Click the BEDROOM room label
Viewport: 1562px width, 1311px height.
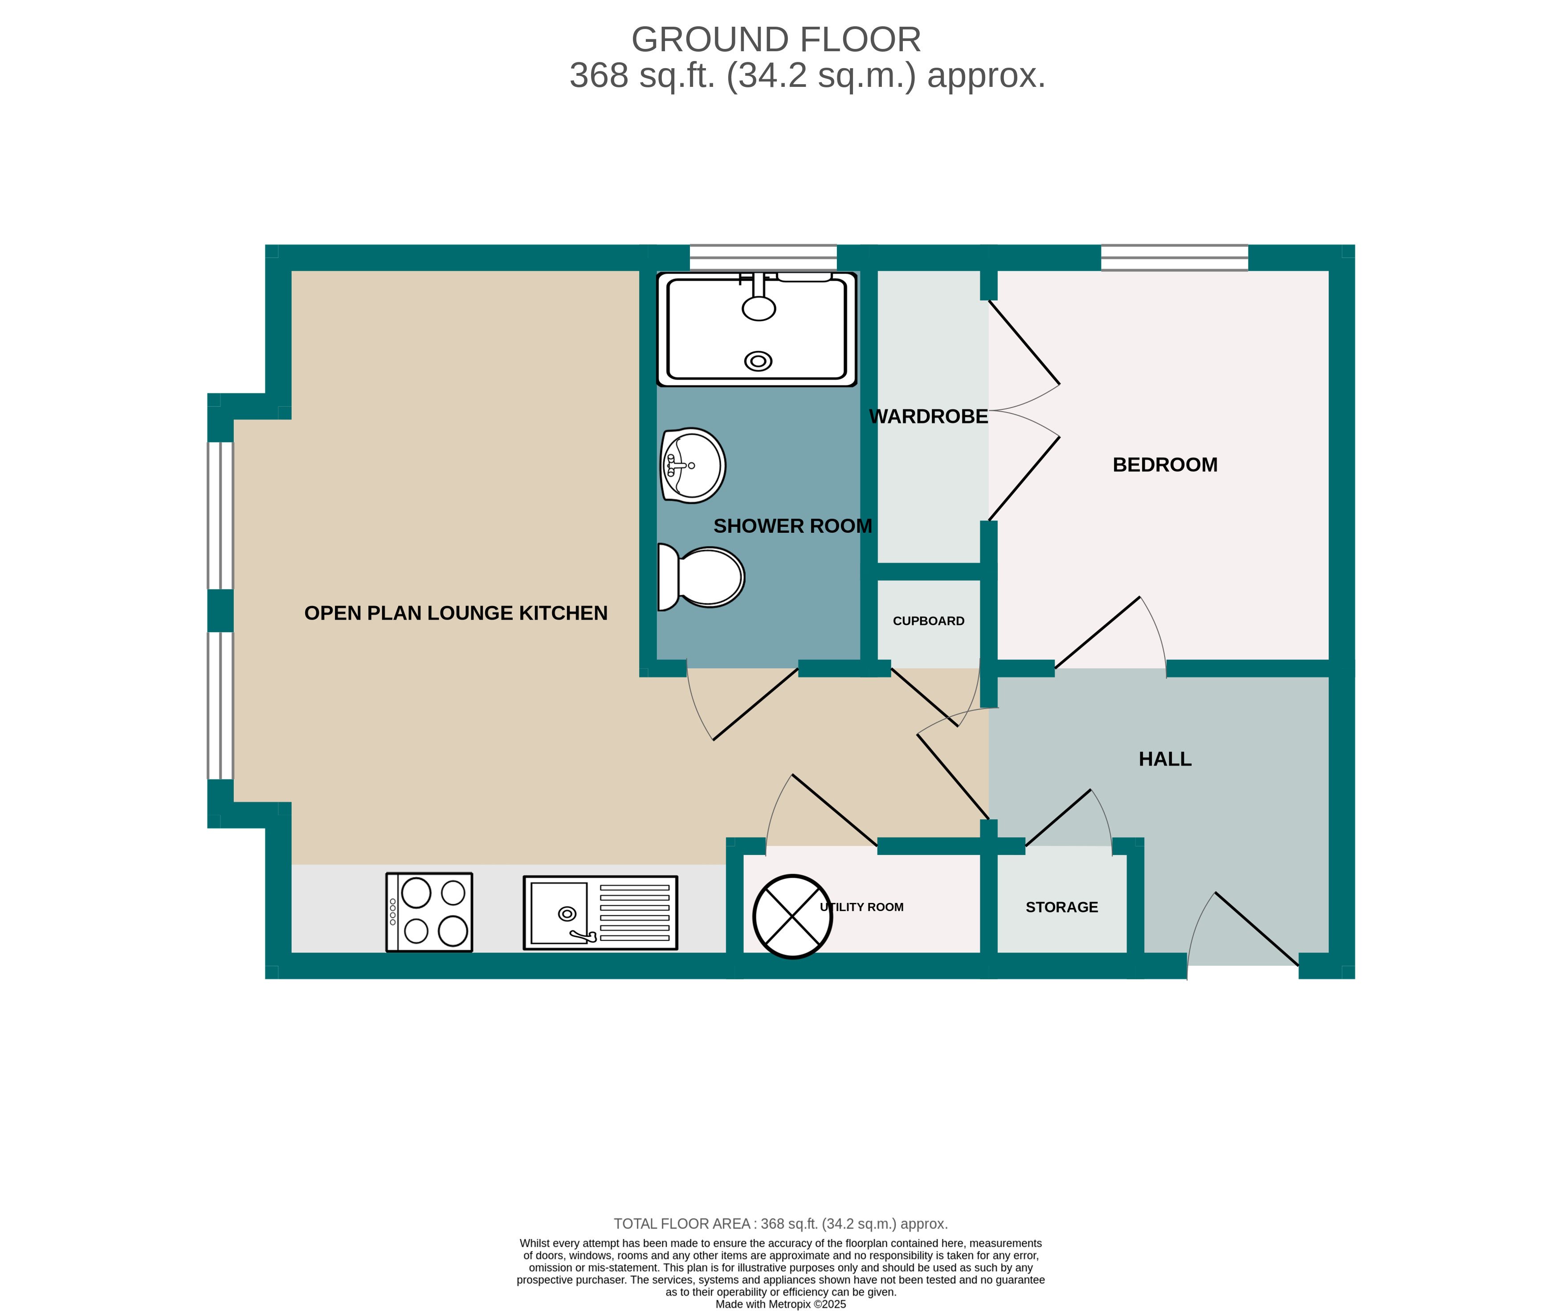(1165, 465)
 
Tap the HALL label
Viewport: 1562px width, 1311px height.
(1165, 759)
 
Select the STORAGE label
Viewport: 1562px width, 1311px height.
(1061, 907)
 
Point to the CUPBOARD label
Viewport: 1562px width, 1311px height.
(928, 621)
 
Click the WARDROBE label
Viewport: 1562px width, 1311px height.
(928, 417)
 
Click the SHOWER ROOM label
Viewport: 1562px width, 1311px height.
(792, 526)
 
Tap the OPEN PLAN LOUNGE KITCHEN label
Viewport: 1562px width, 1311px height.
(456, 613)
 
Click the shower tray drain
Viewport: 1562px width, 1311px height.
(758, 362)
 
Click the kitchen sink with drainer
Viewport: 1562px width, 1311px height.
(600, 912)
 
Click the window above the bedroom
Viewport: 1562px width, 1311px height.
(1175, 257)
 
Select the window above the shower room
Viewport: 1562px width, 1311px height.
(763, 257)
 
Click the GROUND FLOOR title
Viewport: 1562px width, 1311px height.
(776, 40)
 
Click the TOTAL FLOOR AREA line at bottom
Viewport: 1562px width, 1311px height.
(780, 1224)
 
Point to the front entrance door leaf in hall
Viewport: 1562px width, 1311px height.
(1257, 928)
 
